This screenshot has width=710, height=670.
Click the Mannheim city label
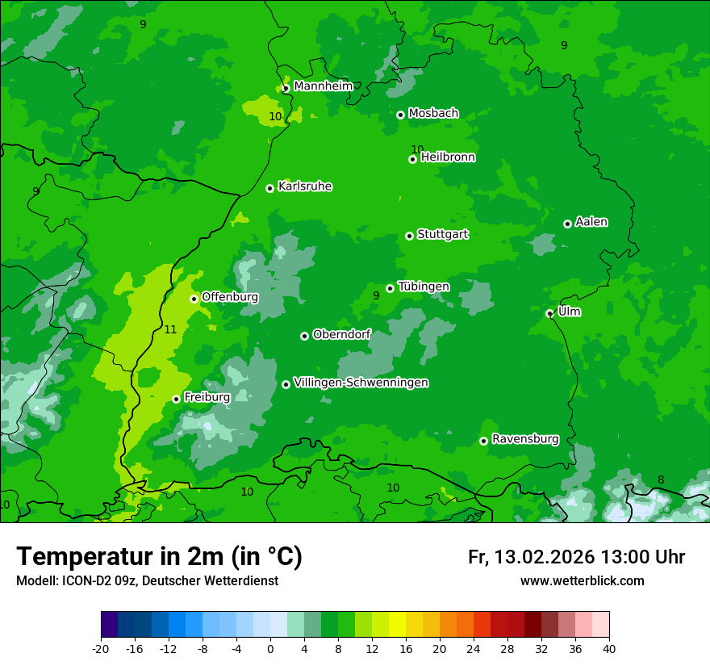pyautogui.click(x=323, y=86)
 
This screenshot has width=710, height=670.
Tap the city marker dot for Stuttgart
pyautogui.click(x=409, y=236)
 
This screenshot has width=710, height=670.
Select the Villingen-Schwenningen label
pyautogui.click(x=361, y=383)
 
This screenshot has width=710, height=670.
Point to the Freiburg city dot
pyautogui.click(x=176, y=399)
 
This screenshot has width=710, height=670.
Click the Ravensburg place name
pyautogui.click(x=524, y=439)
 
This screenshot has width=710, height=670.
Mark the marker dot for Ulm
pyautogui.click(x=549, y=313)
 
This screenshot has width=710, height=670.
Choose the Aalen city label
pyautogui.click(x=591, y=222)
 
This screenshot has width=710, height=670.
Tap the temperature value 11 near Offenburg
pyautogui.click(x=170, y=329)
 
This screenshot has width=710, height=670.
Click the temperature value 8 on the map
pyautogui.click(x=661, y=479)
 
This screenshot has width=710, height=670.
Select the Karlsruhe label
pyautogui.click(x=305, y=186)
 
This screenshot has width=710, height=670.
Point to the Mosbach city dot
pyautogui.click(x=400, y=115)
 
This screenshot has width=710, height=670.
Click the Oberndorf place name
pyautogui.click(x=341, y=334)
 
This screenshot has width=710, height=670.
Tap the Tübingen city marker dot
pyautogui.click(x=390, y=288)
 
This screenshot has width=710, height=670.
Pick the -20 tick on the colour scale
pyautogui.click(x=101, y=648)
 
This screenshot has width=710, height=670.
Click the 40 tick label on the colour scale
pyautogui.click(x=609, y=648)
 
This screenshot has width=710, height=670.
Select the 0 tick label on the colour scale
pyautogui.click(x=270, y=648)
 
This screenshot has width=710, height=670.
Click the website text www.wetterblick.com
pyautogui.click(x=582, y=581)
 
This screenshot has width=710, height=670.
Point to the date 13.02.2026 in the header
pyautogui.click(x=544, y=557)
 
